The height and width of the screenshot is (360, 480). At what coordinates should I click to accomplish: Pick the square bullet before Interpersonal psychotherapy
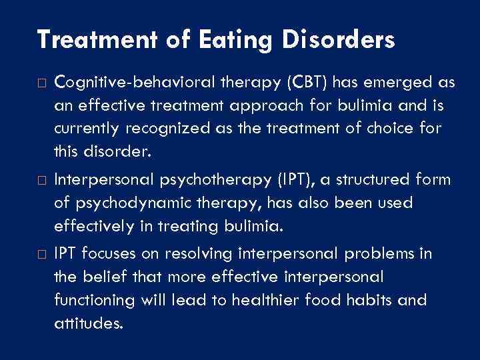tap(41, 181)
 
